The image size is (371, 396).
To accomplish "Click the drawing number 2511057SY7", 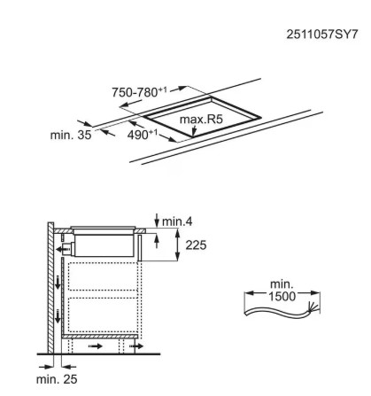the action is pos(322,35).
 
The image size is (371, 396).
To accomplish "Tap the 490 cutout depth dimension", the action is pos(142,135).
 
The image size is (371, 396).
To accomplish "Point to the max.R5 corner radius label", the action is pos(201,120).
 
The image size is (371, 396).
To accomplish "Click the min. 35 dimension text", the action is pos(71,135).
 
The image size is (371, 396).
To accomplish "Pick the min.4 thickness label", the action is pos(177,221).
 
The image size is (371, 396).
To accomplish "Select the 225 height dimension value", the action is pos(196,245).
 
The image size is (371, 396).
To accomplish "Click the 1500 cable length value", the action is pos(282,296).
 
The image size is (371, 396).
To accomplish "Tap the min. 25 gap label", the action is pos(57,379).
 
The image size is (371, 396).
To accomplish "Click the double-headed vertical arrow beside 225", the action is pos(177,245).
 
